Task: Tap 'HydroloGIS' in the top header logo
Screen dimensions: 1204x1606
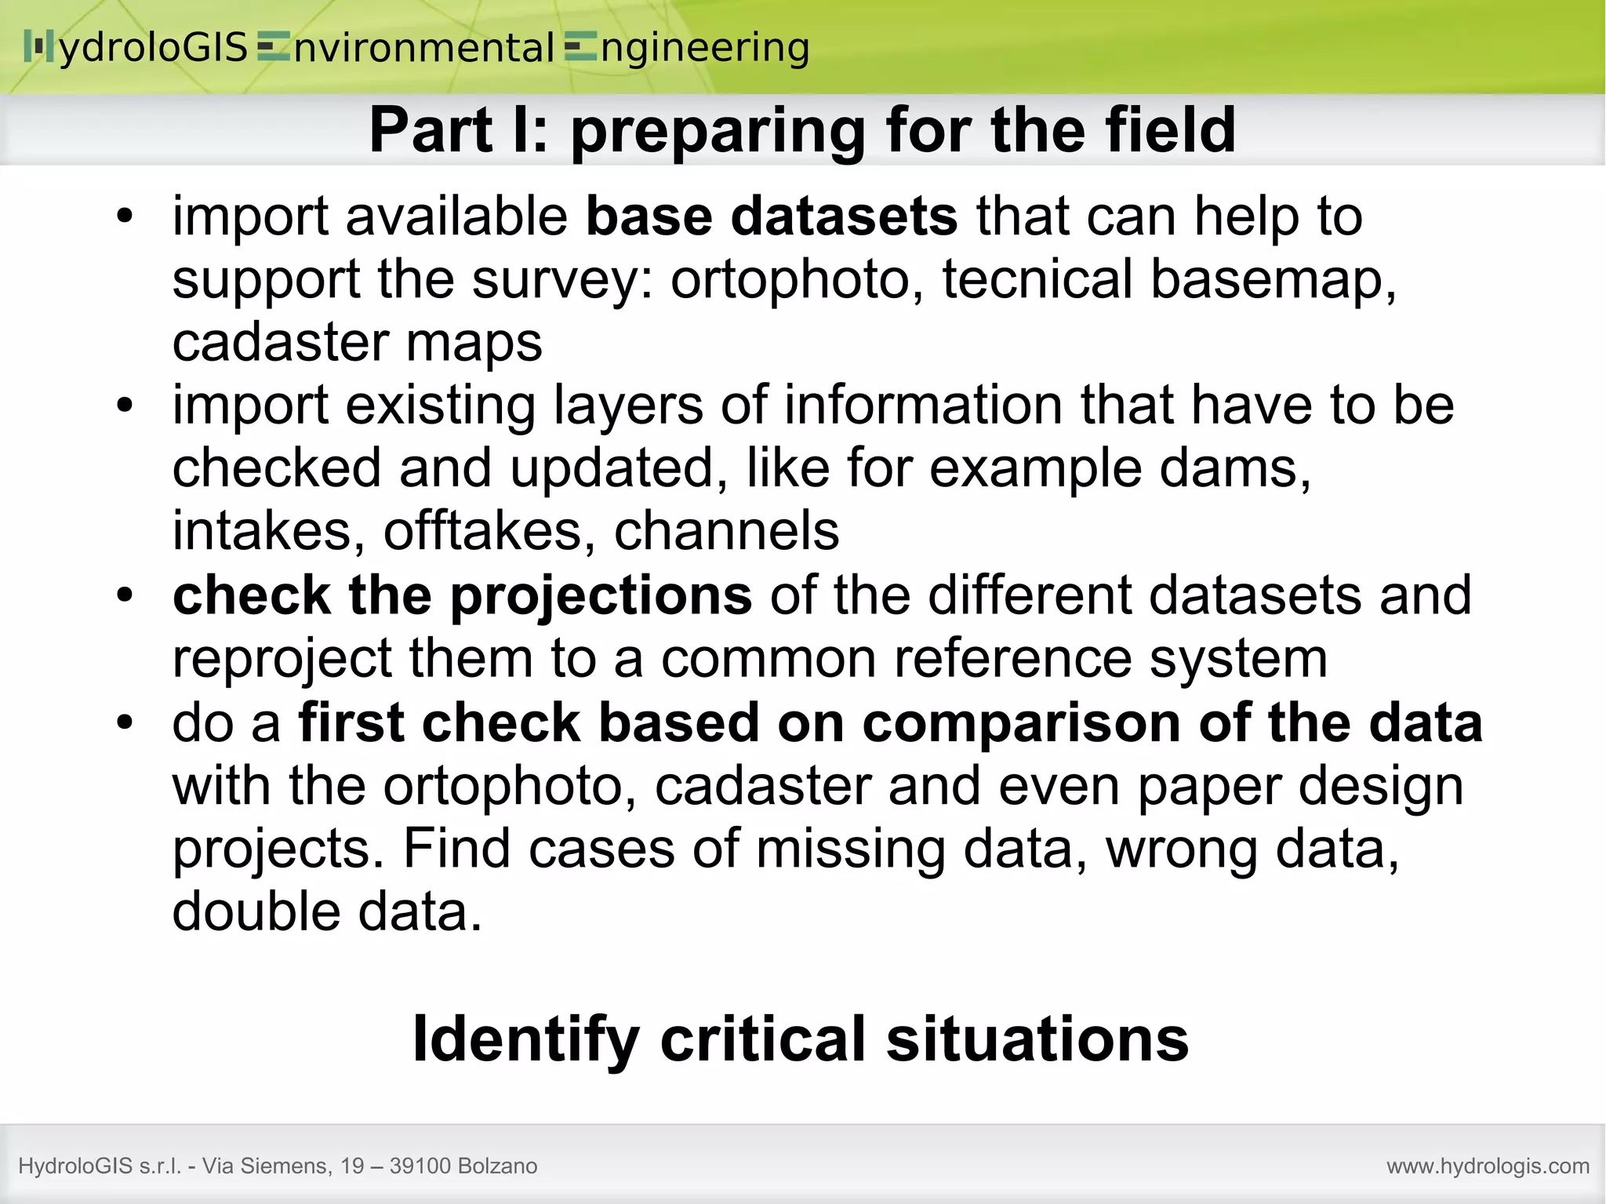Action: [x=137, y=48]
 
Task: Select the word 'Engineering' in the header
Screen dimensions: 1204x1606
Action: [x=687, y=48]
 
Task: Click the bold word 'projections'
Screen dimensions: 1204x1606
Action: [x=601, y=595]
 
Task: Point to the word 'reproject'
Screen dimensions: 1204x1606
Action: [x=282, y=659]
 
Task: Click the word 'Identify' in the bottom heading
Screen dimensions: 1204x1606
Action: [x=525, y=1038]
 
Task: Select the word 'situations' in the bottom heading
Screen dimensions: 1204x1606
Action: [x=1037, y=1038]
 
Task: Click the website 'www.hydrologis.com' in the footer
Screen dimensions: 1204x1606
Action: [x=1488, y=1166]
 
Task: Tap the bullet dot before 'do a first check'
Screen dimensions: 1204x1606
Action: [x=125, y=723]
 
